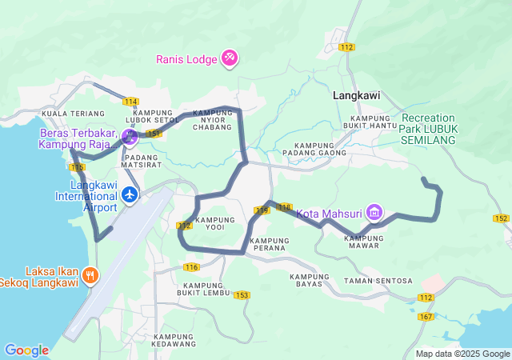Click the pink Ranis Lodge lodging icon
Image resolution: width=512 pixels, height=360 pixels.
(x=230, y=58)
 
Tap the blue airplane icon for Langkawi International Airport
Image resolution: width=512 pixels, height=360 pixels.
(x=130, y=194)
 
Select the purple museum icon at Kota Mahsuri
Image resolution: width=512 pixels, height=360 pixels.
(x=374, y=213)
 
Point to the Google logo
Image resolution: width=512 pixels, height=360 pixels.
(x=26, y=350)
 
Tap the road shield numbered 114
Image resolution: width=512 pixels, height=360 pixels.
(x=130, y=101)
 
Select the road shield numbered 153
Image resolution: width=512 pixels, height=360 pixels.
(x=242, y=295)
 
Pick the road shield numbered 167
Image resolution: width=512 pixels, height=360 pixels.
(x=426, y=318)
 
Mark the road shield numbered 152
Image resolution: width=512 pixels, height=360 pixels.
(x=501, y=218)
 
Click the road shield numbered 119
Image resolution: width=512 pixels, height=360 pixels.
(x=262, y=210)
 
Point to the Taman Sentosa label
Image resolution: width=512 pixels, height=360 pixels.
(x=378, y=281)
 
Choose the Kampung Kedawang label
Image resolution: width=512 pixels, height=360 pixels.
(x=174, y=340)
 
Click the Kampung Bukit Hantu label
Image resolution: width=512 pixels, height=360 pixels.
(x=369, y=122)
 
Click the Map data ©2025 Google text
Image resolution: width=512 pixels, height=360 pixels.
(x=462, y=354)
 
